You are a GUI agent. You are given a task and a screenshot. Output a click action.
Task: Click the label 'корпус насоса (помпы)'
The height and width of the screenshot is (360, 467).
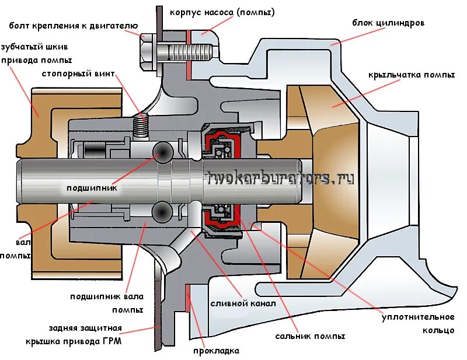(x=222, y=12)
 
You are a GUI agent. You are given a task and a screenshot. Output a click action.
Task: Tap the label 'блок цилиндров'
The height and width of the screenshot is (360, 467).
(x=388, y=23)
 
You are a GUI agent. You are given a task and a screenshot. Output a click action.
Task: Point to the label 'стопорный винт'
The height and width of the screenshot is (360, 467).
(x=78, y=74)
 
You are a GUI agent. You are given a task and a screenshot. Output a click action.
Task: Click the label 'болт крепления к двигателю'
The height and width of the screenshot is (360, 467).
(x=73, y=26)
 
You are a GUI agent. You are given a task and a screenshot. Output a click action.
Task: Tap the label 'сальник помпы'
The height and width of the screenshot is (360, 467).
(x=310, y=336)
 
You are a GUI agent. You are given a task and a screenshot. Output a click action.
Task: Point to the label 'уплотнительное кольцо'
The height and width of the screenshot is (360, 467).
(x=418, y=323)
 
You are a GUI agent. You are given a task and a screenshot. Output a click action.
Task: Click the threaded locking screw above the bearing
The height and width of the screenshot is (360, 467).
(x=141, y=126)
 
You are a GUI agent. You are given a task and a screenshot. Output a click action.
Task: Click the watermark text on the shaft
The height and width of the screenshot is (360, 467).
(x=281, y=179)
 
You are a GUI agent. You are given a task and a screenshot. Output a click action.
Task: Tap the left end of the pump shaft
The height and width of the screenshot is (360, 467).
(x=23, y=181)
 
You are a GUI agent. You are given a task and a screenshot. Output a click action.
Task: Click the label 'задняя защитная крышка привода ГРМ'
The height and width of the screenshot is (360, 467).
(x=74, y=334)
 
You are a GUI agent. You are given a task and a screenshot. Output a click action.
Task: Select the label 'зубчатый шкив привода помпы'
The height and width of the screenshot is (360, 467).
(x=36, y=54)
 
